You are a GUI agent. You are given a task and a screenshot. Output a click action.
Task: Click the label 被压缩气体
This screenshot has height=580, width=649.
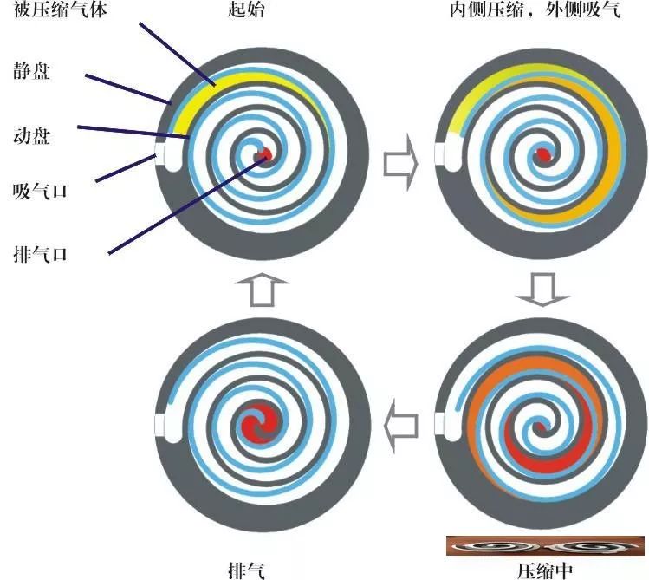[x=61, y=10]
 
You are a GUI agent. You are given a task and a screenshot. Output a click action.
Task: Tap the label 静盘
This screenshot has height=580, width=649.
[x=32, y=71]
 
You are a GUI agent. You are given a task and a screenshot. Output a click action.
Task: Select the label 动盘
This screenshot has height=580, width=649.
[x=32, y=136]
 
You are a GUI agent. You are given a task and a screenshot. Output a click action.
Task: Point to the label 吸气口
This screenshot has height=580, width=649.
[x=40, y=192]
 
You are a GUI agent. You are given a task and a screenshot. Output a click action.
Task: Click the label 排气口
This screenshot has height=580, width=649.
[x=40, y=254]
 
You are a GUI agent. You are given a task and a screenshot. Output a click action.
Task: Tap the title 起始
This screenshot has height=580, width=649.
[x=246, y=10]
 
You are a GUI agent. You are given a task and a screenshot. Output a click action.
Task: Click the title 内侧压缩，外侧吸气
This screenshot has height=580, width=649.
[x=535, y=10]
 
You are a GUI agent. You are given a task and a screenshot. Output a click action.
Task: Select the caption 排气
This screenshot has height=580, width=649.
[x=247, y=570]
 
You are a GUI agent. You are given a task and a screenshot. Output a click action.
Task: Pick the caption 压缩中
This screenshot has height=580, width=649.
[x=545, y=570]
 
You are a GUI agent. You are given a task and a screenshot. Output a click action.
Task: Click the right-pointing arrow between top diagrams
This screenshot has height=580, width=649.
[x=400, y=163]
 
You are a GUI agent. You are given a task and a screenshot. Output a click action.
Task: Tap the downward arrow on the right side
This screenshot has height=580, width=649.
[x=542, y=290]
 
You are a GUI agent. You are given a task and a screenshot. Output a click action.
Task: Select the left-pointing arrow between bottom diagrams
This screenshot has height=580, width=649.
[x=400, y=426]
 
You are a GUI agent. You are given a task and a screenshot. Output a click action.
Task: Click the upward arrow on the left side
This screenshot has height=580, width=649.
[x=262, y=290]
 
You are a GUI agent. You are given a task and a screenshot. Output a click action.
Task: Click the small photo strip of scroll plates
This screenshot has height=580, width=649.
[x=545, y=545]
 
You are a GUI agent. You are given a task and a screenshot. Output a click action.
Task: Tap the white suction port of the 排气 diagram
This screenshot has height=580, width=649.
[x=167, y=427]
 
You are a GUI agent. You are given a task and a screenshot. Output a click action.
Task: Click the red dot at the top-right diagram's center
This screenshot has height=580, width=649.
[x=543, y=155]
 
